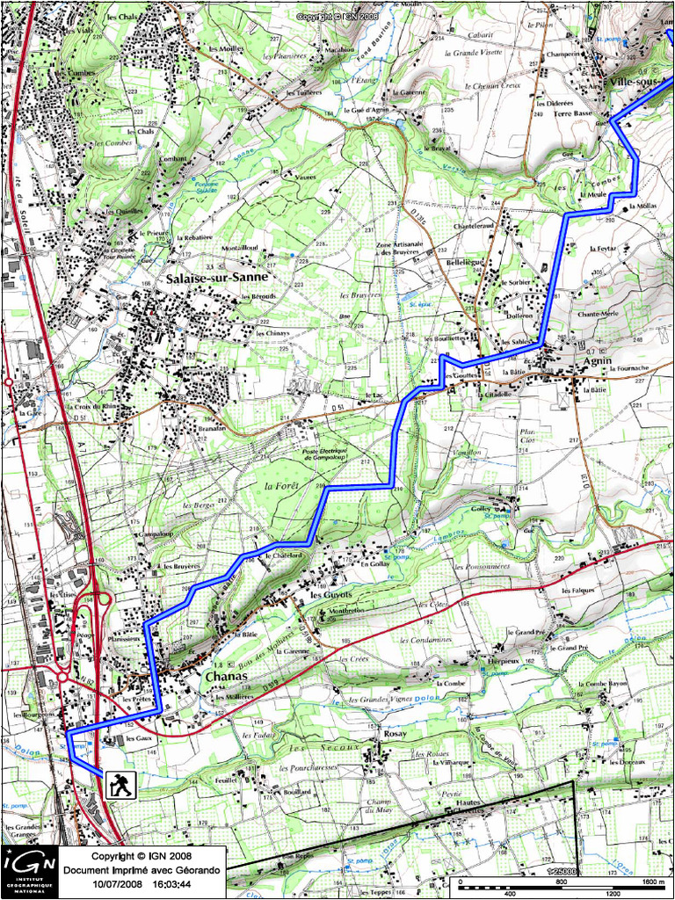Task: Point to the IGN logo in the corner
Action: (29, 872)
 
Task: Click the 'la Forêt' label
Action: (282, 486)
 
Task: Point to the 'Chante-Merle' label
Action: (598, 313)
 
